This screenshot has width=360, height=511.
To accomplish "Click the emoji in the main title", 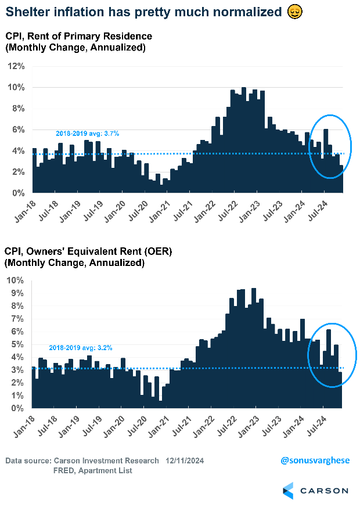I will click(x=294, y=12).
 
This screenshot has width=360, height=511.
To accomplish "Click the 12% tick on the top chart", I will click(x=16, y=66).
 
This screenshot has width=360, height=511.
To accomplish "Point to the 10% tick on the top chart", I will click(x=16, y=88).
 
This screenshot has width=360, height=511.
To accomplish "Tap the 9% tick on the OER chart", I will click(x=18, y=293).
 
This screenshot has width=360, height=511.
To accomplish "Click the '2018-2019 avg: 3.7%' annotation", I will click(x=87, y=134).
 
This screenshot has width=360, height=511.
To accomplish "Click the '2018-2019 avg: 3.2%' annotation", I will click(x=80, y=348).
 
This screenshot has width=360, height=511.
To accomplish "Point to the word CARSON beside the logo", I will click(x=325, y=491).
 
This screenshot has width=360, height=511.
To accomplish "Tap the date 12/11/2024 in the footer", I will click(x=183, y=460).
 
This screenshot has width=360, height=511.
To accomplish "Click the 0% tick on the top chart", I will click(x=18, y=193).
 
